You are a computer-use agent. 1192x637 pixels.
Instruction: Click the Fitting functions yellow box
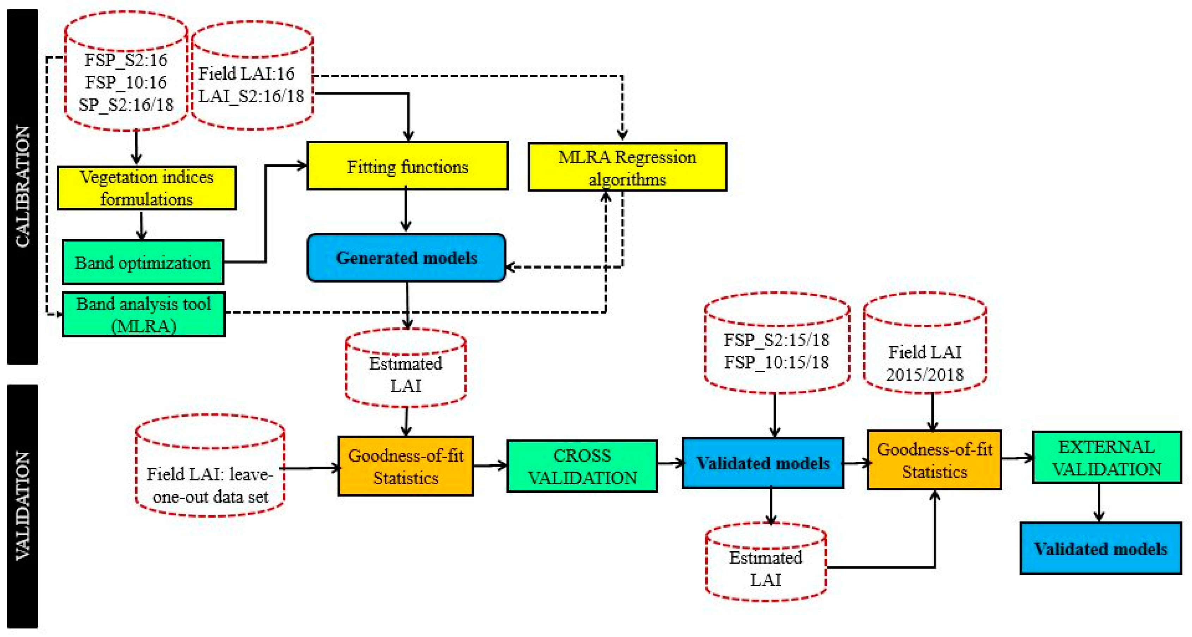[407, 166]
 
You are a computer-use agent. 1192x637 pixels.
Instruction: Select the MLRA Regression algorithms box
[627, 167]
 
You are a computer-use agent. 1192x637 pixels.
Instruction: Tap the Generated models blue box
[406, 258]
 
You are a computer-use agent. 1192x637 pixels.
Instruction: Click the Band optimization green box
[142, 262]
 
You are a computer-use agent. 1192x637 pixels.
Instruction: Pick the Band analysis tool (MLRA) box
[144, 314]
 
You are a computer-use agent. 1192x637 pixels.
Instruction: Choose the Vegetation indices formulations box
[146, 188]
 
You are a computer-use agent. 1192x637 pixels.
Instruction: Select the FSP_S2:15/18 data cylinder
[777, 345]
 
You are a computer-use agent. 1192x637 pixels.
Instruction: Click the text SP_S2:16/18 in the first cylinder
[126, 105]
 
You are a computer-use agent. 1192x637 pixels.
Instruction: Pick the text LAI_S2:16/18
[251, 96]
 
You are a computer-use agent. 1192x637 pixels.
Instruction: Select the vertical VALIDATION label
[22, 506]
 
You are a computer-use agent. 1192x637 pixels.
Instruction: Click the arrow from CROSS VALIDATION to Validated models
[670, 462]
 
